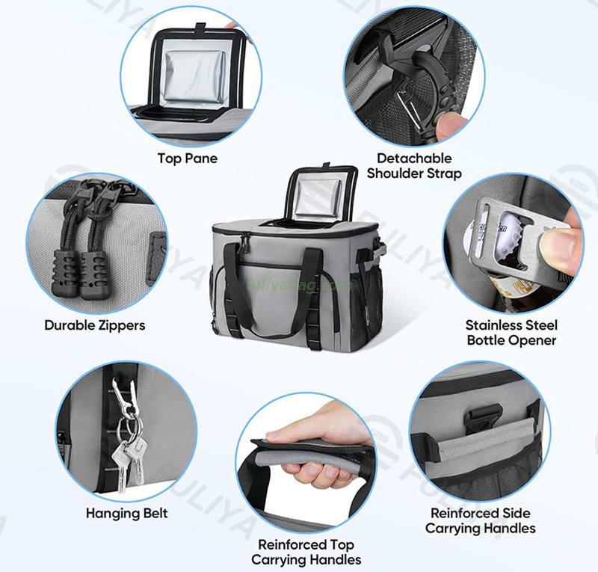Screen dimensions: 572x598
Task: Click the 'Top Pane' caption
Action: tap(187, 159)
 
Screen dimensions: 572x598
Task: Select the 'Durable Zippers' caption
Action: tap(95, 325)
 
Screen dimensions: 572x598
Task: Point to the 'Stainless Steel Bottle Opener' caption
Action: tap(511, 333)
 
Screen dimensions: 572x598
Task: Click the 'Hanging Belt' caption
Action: tap(126, 513)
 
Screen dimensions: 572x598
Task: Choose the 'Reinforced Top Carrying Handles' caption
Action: tap(306, 552)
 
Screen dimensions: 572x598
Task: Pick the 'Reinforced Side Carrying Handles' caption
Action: tap(481, 520)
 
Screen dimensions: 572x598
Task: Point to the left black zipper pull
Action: tap(71, 258)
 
